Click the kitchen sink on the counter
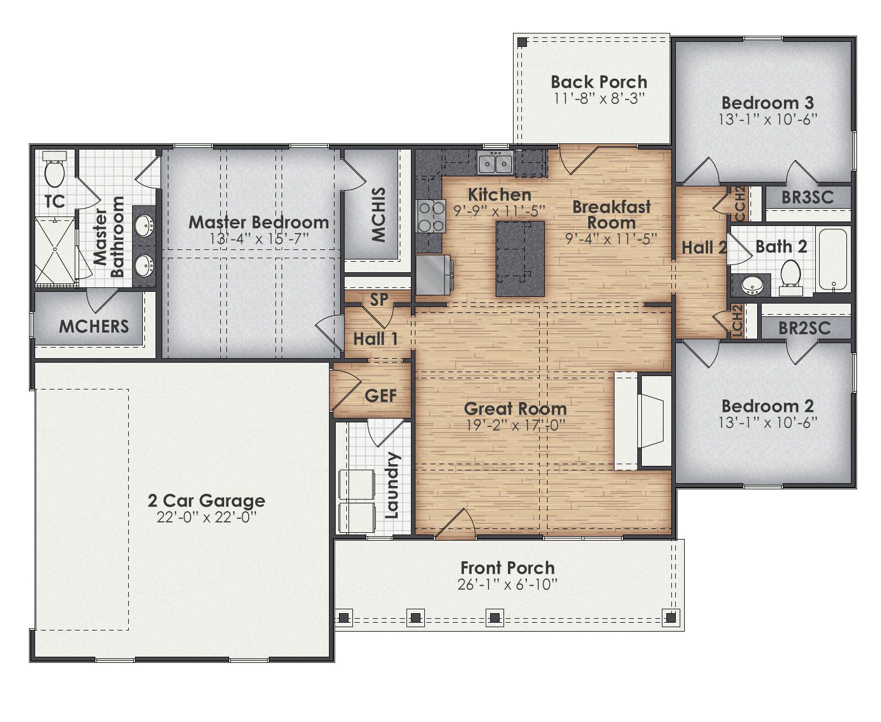click(495, 163)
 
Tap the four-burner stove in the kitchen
click(431, 216)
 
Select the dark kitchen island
click(520, 258)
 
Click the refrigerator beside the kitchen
click(433, 275)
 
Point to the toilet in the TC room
click(55, 171)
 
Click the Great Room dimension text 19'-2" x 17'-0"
click(515, 425)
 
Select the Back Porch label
click(599, 82)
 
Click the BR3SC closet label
click(807, 197)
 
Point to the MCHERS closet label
click(94, 326)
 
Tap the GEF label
click(380, 396)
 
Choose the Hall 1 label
click(375, 339)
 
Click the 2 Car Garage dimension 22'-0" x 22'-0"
click(206, 517)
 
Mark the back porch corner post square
click(522, 42)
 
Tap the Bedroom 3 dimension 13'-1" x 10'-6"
click(767, 119)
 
